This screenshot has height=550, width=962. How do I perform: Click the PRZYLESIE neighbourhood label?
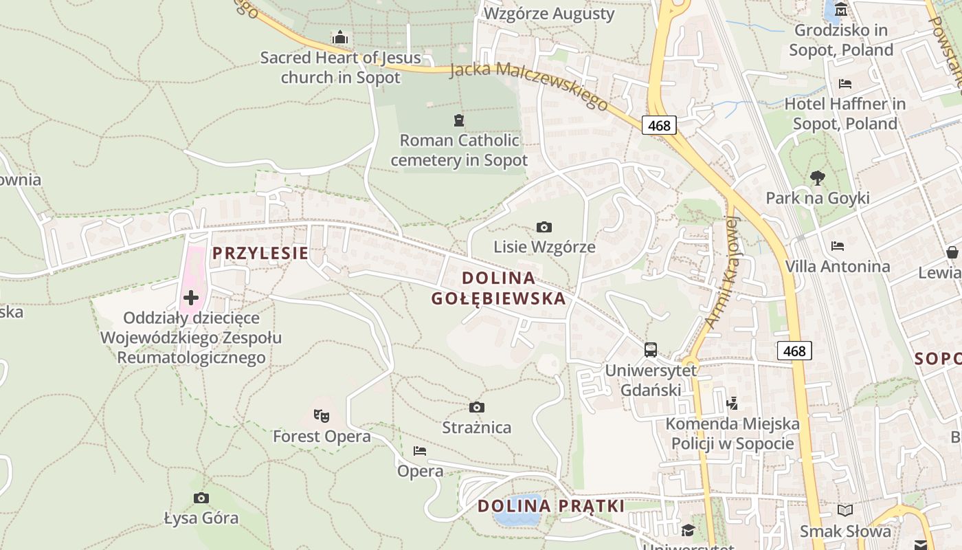point(260,253)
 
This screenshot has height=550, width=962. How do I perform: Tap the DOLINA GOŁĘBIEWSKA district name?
point(498,288)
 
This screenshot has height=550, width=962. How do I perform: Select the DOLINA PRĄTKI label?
point(551,506)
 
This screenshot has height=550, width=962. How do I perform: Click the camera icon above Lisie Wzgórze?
point(544,227)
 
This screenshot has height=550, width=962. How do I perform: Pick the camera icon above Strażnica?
point(477,408)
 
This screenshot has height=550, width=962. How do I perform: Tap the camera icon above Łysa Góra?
point(201,498)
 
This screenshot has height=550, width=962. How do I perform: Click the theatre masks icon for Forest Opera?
point(322,415)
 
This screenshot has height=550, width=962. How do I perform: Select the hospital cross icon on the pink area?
point(191,298)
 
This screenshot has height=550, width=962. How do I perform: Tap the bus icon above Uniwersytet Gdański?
point(651,350)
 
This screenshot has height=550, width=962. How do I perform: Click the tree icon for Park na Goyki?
point(818,177)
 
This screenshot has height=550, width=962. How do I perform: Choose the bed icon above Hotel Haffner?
point(845,84)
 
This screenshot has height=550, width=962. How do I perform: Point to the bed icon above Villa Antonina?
point(838,245)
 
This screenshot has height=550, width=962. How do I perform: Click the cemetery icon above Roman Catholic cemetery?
point(459,120)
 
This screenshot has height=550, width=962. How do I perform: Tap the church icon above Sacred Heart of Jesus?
point(340,37)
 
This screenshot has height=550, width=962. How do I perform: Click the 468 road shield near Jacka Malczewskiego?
point(660,125)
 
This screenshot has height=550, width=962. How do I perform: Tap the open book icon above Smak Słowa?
point(845,510)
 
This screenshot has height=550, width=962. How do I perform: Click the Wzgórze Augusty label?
point(550,14)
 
